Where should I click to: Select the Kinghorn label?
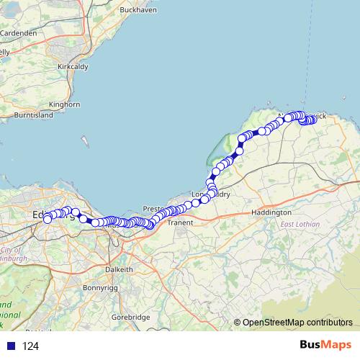tap(65, 104)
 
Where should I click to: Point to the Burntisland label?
tap(34, 115)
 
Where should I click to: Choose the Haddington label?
tap(271, 212)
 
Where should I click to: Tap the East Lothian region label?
tap(300, 225)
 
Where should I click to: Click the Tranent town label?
tap(179, 223)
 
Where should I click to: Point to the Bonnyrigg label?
tap(101, 287)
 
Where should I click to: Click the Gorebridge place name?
tap(130, 317)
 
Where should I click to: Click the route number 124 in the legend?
tap(30, 346)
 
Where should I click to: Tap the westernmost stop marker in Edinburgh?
tap(48, 219)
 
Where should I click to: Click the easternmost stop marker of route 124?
tap(313, 120)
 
